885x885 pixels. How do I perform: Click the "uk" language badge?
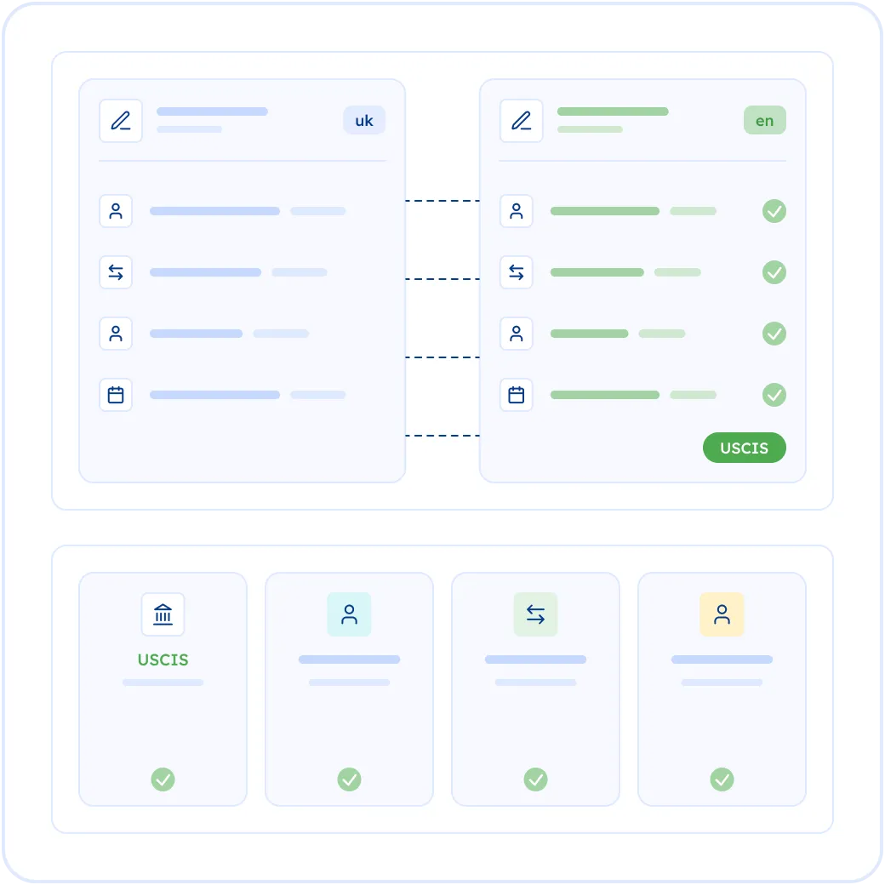tap(364, 120)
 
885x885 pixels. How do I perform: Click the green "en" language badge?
tap(765, 120)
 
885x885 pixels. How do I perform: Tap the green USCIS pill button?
tap(744, 448)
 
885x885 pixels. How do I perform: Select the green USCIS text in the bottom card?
tap(163, 659)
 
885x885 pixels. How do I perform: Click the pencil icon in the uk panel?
tap(121, 121)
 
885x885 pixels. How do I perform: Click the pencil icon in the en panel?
tap(522, 121)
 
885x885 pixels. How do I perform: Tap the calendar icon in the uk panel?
tap(116, 395)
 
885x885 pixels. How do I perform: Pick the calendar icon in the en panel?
tap(517, 395)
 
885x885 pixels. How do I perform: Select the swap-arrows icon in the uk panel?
tap(116, 272)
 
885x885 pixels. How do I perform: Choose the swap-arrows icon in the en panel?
tap(517, 272)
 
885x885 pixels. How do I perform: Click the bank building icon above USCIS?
tap(163, 614)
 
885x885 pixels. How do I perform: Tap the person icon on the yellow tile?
tap(722, 614)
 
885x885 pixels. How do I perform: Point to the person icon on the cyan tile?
tap(350, 614)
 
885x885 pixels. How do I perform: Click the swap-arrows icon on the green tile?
tap(535, 614)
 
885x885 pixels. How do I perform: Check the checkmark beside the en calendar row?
tap(774, 395)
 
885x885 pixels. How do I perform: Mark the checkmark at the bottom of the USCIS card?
tap(163, 779)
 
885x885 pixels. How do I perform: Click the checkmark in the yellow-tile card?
tap(722, 779)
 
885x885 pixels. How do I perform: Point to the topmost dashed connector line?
tap(442, 200)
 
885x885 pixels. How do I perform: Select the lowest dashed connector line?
tap(442, 436)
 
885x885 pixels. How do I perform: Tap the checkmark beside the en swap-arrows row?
tap(774, 272)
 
